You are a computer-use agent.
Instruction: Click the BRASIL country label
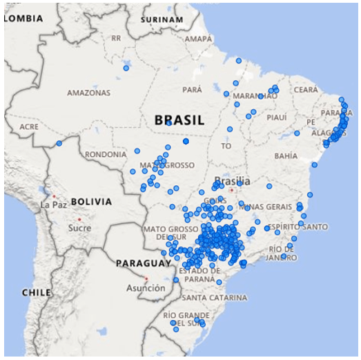coord(179,120)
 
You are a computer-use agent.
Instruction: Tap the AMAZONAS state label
coord(88,93)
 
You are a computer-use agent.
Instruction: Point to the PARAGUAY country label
coord(143,263)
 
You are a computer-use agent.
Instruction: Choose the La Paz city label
coord(53,205)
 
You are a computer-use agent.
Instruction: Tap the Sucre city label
coord(80,227)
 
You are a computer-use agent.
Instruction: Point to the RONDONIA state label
coord(106,154)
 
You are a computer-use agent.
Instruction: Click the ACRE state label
coord(29,127)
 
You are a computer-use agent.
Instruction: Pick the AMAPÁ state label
coord(198,39)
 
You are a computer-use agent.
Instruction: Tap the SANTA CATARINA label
coord(214,298)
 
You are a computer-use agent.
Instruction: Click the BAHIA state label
coord(286,156)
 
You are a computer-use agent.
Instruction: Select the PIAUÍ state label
coord(276,117)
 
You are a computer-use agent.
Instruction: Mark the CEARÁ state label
coord(306,90)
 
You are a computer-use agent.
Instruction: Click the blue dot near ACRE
coord(59,143)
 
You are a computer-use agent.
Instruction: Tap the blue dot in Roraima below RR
coord(126,68)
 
